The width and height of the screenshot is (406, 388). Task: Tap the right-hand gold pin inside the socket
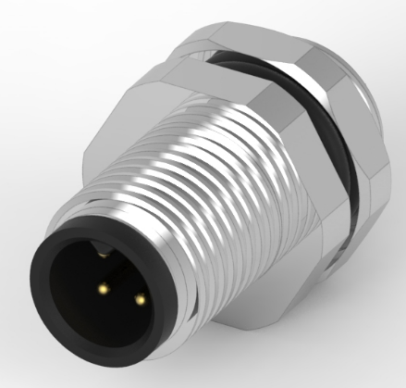(x=140, y=299)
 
